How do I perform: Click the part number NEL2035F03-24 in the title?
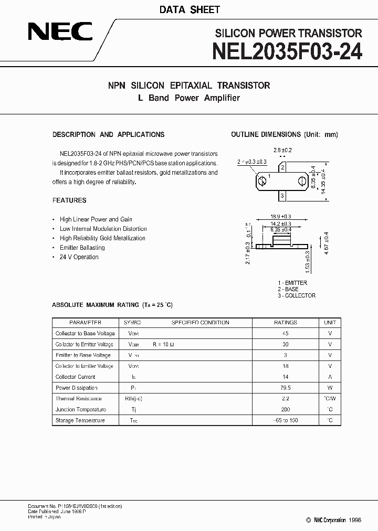[x=287, y=51]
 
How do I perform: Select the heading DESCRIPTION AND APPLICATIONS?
[x=108, y=134]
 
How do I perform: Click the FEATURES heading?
[x=69, y=200]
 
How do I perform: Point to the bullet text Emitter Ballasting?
[x=82, y=248]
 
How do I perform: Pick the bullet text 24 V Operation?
[x=79, y=257]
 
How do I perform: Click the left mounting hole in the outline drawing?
[x=261, y=182]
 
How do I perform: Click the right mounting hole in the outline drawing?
[x=301, y=182]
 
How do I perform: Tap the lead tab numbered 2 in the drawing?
[x=282, y=168]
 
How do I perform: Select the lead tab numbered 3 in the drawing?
[x=282, y=196]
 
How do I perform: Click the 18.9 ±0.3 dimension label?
[x=280, y=216]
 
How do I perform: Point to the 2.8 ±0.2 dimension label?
[x=282, y=150]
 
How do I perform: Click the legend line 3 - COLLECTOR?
[x=297, y=295]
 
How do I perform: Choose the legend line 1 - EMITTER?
[x=292, y=283]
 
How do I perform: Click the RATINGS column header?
[x=286, y=323]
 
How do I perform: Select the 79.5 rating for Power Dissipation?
[x=286, y=388]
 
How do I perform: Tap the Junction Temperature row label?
[x=81, y=409]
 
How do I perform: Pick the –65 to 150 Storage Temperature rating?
[x=286, y=420]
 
